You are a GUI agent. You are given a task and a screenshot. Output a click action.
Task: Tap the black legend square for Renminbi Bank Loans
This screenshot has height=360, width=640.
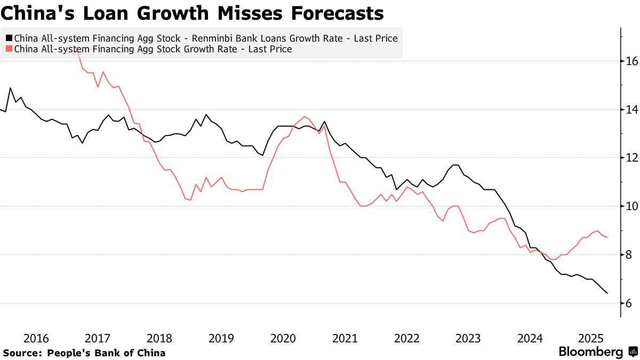(x=9, y=38)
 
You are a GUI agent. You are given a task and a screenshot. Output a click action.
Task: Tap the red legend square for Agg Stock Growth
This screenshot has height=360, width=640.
(x=9, y=49)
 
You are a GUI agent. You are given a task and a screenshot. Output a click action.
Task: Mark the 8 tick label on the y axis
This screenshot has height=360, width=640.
(x=629, y=255)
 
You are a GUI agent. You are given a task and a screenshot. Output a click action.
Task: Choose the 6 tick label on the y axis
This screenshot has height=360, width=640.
(x=629, y=303)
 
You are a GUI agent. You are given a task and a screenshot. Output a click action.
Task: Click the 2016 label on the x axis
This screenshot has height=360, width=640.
(x=36, y=339)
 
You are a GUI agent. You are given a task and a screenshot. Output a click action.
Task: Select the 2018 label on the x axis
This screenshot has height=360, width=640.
(x=159, y=339)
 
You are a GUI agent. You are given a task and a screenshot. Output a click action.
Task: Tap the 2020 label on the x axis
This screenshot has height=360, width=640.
(x=283, y=339)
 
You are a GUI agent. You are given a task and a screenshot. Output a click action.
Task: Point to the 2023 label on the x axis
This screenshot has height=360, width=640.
(x=468, y=339)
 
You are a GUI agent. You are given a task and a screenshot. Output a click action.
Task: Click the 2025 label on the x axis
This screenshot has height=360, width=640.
(x=591, y=339)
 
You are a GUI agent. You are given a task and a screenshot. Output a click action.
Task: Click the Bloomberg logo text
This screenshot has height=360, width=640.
(x=590, y=352)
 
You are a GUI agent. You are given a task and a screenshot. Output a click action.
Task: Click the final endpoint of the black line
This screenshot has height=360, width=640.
(x=607, y=293)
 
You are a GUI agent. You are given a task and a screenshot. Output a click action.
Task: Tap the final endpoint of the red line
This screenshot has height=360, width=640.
(x=607, y=237)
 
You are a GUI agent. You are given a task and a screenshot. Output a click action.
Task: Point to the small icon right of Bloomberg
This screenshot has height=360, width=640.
(x=633, y=352)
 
